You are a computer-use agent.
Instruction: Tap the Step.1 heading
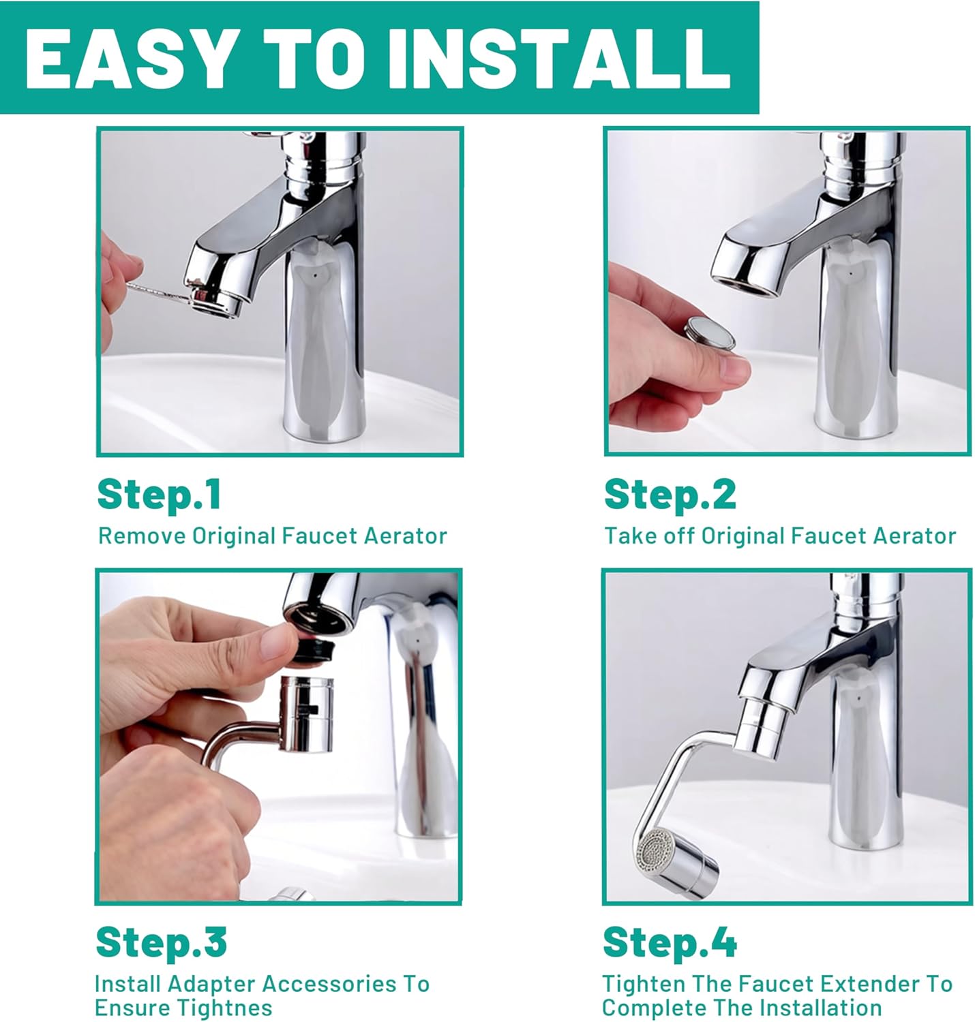pyautogui.click(x=159, y=494)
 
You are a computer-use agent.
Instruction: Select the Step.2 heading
pyautogui.click(x=670, y=494)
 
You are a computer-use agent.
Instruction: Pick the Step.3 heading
pyautogui.click(x=161, y=942)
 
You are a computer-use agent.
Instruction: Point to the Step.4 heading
pyautogui.click(x=670, y=942)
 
